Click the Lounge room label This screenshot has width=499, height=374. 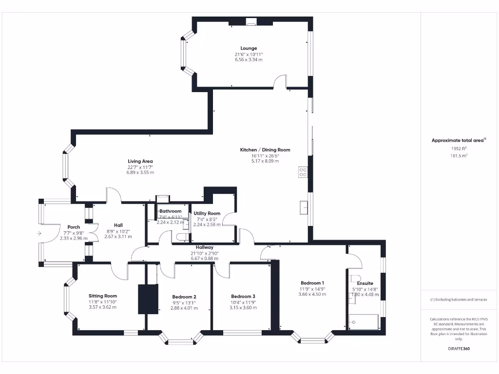[x=249, y=48]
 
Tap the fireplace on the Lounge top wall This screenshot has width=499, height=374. [x=251, y=21]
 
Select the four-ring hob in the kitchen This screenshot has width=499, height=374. [x=303, y=172]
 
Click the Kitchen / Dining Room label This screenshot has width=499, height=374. [x=265, y=150]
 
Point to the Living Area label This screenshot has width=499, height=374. [x=140, y=161]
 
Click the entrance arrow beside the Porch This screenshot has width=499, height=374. [x=38, y=233]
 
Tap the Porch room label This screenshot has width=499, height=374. [x=74, y=227]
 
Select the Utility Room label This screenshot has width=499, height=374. [x=207, y=213]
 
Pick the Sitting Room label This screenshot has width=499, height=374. [x=103, y=296]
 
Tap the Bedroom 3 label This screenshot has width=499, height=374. [x=243, y=297]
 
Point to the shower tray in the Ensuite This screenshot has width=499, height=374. [x=364, y=322]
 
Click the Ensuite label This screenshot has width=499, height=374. [x=365, y=283]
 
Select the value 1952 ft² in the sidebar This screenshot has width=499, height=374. [x=458, y=149]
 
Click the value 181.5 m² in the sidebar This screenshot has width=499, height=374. [x=458, y=156]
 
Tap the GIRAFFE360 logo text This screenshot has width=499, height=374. [x=459, y=349]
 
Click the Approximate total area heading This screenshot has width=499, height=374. [x=458, y=140]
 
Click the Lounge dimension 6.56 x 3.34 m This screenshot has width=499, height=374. [x=249, y=60]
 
